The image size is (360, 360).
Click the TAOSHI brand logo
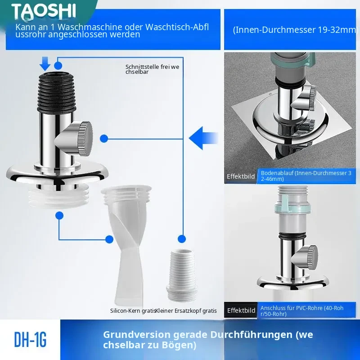(x=44, y=11)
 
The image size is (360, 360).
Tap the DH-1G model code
(x=30, y=340)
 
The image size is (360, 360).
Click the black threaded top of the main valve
(x=57, y=92)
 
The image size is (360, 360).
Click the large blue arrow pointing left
(x=203, y=138)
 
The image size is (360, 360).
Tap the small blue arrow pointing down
(x=45, y=63)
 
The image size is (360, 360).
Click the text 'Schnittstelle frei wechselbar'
(x=152, y=69)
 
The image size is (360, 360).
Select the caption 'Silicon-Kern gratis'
(x=133, y=310)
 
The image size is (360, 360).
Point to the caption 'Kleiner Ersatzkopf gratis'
(x=186, y=310)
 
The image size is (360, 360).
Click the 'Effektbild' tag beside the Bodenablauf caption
(x=241, y=176)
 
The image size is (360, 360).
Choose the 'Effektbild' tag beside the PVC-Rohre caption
(x=241, y=310)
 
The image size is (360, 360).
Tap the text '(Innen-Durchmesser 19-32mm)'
(x=295, y=30)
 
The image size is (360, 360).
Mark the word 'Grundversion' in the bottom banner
(x=137, y=335)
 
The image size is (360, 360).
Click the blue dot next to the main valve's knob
(x=104, y=139)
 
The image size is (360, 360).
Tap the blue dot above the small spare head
(x=182, y=239)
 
